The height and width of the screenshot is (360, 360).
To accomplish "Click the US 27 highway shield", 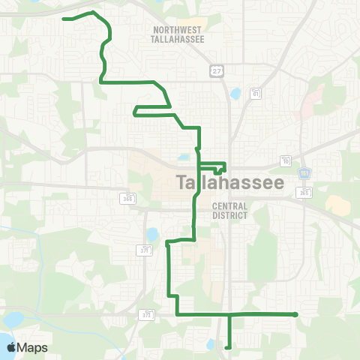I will point(216,70).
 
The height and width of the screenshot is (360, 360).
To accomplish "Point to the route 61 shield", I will point(256,94).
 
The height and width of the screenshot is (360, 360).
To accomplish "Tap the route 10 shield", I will point(286,160).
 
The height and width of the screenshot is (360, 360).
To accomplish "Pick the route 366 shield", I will point(128,197).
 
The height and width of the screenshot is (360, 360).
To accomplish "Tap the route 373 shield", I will point(147,315).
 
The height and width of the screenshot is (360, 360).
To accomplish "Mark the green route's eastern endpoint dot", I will point(296,314).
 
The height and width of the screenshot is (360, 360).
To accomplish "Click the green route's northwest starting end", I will point(64,18).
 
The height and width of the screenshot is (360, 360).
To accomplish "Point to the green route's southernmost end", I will point(227,346).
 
